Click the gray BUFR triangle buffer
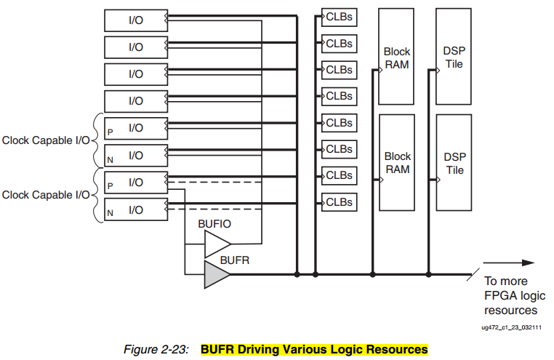pos(215,274)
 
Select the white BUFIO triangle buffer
pos(216,244)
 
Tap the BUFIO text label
pos(214,224)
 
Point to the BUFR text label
pos(235,260)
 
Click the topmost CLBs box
pos(340,17)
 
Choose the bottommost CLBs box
pos(340,202)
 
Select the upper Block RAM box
pos(396,57)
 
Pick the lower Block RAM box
pos(397,162)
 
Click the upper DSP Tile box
pos(453,57)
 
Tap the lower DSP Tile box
pos(454,162)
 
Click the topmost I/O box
pos(136,20)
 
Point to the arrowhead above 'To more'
pos(529,263)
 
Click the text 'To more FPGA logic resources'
pos(515,296)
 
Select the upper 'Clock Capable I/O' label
pos(46,140)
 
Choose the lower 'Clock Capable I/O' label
pos(46,195)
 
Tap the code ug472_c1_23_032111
pos(511,327)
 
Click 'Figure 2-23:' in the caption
pos(156,349)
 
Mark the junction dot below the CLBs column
pos(315,274)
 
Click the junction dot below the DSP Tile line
pos(428,274)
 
